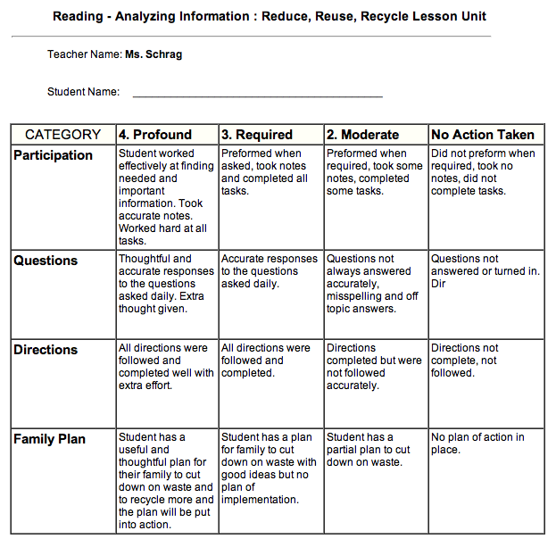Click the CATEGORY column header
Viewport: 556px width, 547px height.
click(62, 135)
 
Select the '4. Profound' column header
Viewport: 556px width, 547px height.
click(155, 135)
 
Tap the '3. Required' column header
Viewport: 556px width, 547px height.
click(257, 135)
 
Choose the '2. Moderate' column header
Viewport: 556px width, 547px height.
click(362, 135)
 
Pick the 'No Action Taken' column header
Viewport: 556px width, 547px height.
click(483, 135)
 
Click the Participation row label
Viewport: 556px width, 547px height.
click(53, 155)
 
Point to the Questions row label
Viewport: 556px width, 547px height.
click(46, 261)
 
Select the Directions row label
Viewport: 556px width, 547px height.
click(46, 350)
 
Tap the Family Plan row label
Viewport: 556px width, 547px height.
click(50, 439)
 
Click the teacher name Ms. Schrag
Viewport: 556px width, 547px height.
click(154, 54)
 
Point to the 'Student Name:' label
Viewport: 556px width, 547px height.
click(83, 92)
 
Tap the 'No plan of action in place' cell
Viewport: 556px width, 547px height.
click(477, 443)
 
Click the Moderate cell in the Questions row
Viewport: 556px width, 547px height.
click(373, 284)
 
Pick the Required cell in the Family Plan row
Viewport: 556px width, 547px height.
click(269, 468)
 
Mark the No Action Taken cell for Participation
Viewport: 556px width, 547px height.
click(483, 172)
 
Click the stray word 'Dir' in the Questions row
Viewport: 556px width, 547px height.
click(438, 284)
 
